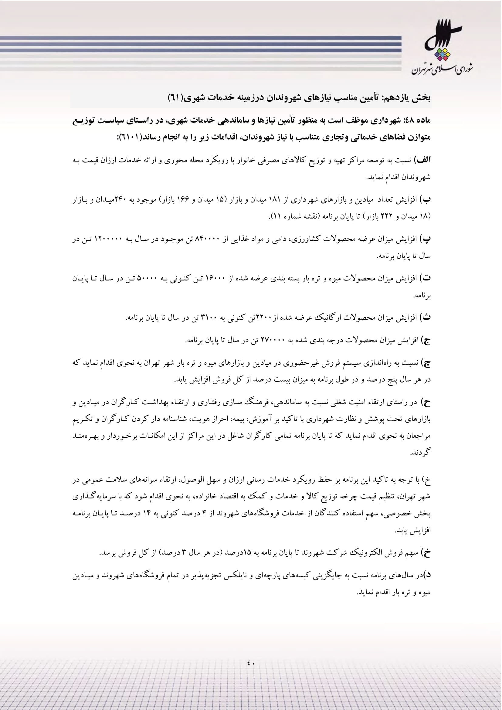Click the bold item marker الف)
(x=424, y=160)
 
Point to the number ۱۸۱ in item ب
(x=275, y=200)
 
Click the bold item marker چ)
(x=426, y=363)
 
